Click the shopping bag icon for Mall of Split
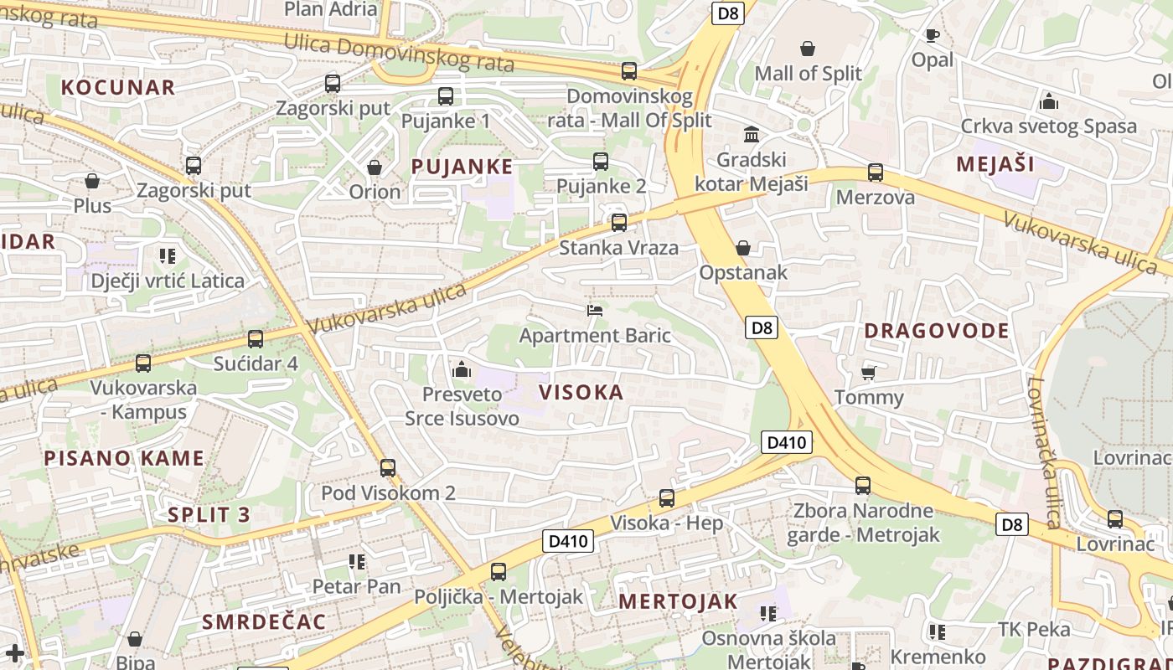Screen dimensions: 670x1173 808,49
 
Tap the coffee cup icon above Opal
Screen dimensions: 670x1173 932,35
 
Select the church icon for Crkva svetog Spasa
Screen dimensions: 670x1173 1048,102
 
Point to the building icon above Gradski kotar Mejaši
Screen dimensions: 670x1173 752,134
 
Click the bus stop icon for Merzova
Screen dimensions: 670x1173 876,173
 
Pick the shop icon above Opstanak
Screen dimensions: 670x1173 742,248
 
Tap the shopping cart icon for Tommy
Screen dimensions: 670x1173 869,372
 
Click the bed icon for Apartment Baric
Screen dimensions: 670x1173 595,311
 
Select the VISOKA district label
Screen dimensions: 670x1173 581,392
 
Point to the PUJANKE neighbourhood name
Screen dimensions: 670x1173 462,166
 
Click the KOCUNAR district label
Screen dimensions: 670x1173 118,87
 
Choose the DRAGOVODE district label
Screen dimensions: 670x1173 937,330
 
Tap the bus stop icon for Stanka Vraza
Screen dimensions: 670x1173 619,223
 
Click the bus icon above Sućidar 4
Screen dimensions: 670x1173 256,339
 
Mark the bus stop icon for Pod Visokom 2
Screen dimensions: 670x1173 388,468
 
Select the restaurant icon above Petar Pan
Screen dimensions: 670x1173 357,562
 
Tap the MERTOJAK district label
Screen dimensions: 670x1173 678,600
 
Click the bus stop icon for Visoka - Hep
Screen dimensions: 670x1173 667,498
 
